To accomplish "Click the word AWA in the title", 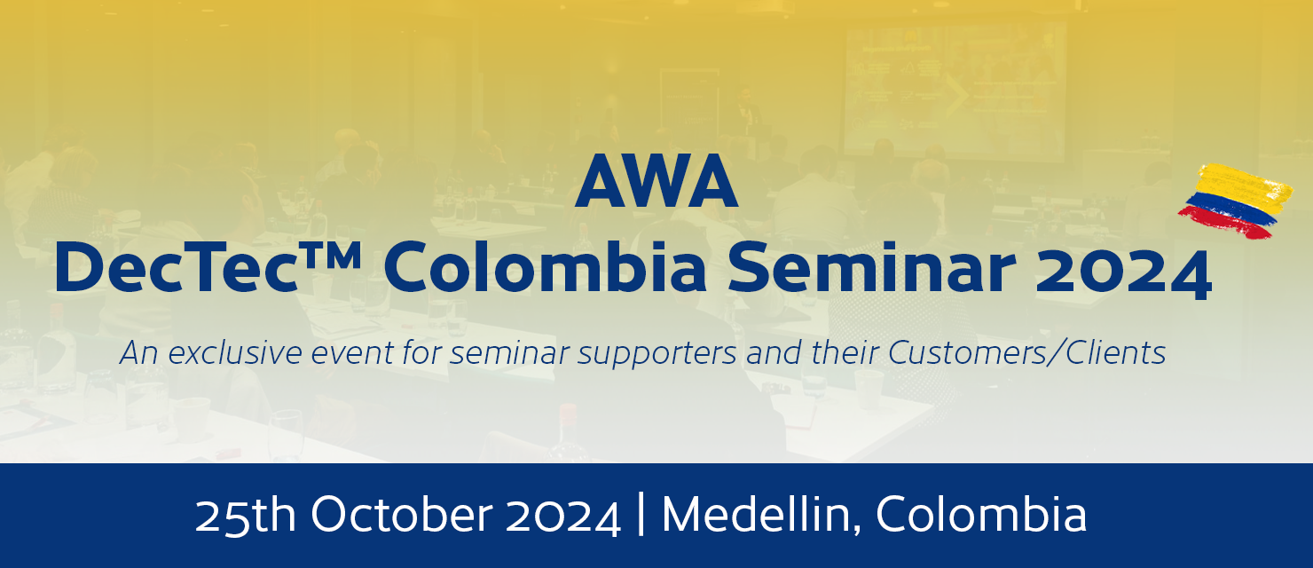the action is click(x=656, y=181).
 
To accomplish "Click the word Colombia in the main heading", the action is click(x=545, y=266).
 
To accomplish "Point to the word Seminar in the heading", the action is click(x=871, y=267).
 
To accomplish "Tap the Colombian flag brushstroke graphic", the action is click(x=1236, y=201).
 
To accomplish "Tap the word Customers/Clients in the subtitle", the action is click(x=1026, y=353).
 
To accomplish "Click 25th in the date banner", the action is click(x=245, y=516).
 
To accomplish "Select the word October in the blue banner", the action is click(x=401, y=515).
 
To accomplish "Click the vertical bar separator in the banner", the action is click(x=641, y=514).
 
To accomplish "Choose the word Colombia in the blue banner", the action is click(x=981, y=515).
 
